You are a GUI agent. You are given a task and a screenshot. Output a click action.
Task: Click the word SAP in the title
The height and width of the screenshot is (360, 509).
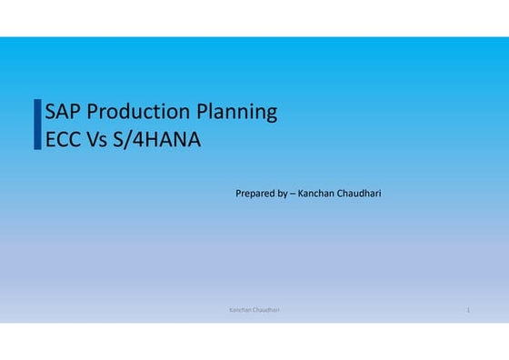[x=63, y=113]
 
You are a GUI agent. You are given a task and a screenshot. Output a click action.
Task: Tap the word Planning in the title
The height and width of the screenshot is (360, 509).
[x=237, y=114]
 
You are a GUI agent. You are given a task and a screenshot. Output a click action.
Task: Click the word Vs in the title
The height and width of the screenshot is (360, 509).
[x=98, y=141]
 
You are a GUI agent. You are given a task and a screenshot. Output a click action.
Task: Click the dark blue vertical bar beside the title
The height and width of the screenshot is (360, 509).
[x=37, y=125]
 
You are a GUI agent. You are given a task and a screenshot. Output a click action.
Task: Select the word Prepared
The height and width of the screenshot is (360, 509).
[x=254, y=194]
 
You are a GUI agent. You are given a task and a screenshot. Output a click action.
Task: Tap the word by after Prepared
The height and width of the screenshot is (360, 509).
[x=282, y=194]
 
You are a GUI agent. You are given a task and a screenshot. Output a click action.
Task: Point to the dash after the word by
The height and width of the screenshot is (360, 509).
[x=293, y=194]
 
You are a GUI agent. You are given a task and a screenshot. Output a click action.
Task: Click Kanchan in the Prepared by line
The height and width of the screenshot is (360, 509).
[x=314, y=194]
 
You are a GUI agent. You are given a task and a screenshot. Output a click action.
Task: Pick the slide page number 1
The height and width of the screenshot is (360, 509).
[x=467, y=311]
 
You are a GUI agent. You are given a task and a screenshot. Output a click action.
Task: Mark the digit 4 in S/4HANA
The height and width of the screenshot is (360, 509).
[x=135, y=141]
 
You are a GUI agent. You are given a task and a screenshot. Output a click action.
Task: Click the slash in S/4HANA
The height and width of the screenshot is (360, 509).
[x=126, y=141]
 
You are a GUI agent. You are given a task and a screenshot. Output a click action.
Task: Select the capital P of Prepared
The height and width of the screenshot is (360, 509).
[x=238, y=194]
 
